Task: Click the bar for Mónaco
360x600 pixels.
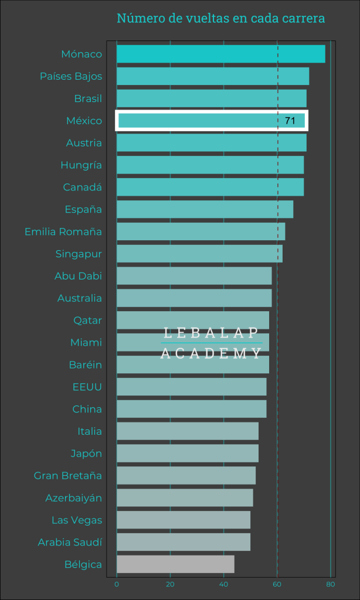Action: [220, 54]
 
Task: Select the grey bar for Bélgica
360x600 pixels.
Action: [175, 564]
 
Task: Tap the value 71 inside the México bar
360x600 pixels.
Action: [290, 121]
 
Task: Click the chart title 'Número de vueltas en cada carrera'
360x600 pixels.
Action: [220, 19]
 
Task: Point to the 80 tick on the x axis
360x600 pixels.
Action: [331, 585]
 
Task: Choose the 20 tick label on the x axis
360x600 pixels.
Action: [170, 585]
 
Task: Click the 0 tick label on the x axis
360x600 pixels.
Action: [117, 585]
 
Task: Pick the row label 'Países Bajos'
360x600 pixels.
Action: [71, 76]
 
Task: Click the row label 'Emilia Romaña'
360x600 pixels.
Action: [63, 231]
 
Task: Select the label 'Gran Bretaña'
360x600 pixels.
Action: [68, 475]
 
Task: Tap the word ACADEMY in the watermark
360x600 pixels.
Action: [211, 353]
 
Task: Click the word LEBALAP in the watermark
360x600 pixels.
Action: [211, 333]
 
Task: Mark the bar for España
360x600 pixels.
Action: [205, 209]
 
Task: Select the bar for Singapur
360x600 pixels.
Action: [199, 254]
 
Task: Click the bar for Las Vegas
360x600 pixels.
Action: [184, 520]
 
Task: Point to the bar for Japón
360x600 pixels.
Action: [188, 453]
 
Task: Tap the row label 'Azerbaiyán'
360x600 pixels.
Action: [74, 497]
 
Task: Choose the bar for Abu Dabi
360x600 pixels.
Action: [194, 275]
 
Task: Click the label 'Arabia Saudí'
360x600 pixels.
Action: [70, 542]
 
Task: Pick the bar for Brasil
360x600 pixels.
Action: [212, 98]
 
